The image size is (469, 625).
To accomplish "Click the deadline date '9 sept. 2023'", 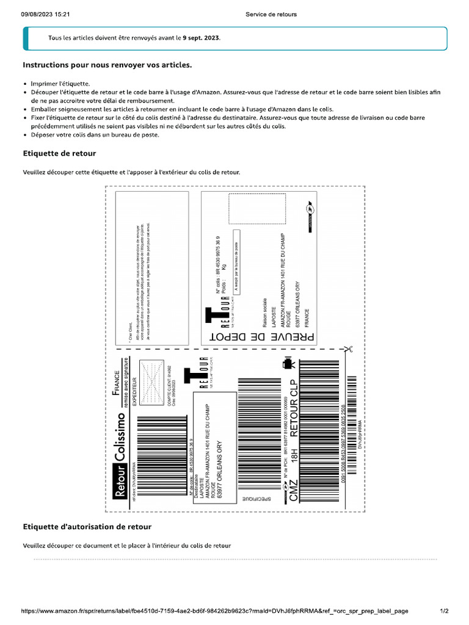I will point(202,38).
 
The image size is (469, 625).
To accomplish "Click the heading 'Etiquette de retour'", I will point(59,153).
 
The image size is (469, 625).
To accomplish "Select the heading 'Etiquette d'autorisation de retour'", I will point(87,526).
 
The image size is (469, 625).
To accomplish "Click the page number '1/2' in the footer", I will point(445,610).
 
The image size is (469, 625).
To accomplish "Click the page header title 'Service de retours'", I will point(271,14).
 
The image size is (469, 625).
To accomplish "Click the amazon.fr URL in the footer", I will point(214,610).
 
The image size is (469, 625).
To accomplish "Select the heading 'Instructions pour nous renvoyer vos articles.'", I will point(107,65).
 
